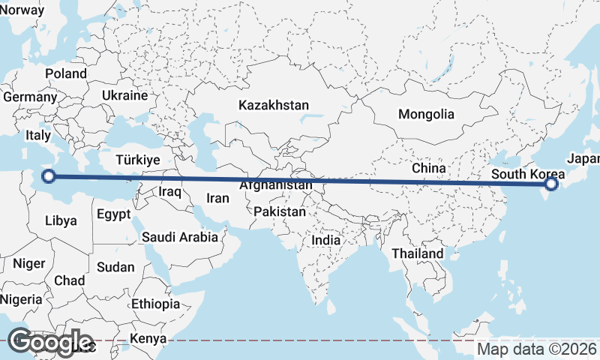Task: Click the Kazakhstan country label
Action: (x=274, y=105)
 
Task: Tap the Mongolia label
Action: (x=426, y=115)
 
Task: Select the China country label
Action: (x=429, y=169)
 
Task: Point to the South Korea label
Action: (x=524, y=175)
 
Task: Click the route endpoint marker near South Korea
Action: (x=551, y=184)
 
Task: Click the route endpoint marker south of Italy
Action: (x=49, y=177)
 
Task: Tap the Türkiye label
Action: (x=138, y=160)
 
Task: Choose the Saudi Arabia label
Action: (x=180, y=237)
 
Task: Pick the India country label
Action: (x=325, y=241)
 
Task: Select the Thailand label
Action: (x=418, y=253)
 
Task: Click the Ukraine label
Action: (x=124, y=96)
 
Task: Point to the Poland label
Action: (x=66, y=73)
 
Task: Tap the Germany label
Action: (x=30, y=97)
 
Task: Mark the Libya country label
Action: (x=61, y=220)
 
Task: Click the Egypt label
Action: (x=114, y=214)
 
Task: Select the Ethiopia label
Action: (x=155, y=304)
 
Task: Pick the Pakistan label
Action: (x=280, y=211)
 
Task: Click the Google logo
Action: (x=49, y=342)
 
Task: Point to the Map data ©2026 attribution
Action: (x=537, y=349)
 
